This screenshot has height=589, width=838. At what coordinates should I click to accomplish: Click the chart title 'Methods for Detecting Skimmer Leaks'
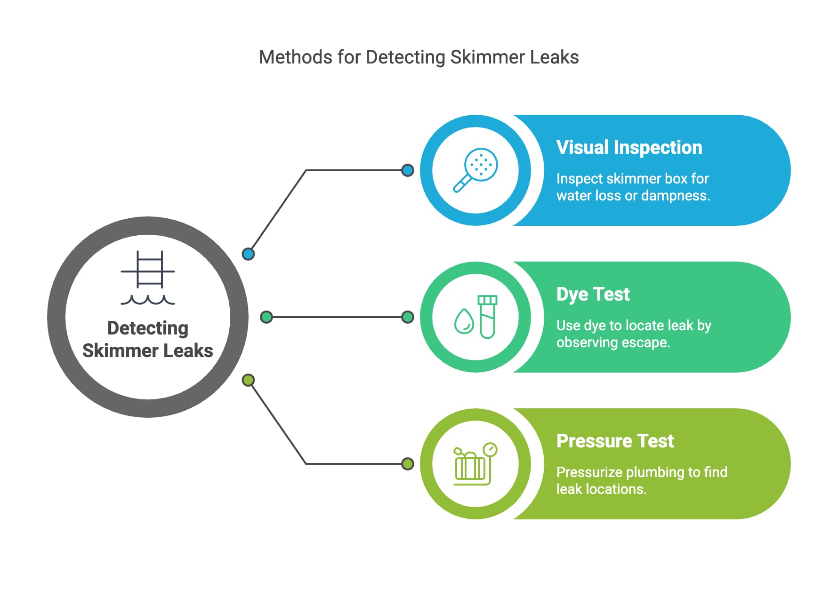(x=419, y=57)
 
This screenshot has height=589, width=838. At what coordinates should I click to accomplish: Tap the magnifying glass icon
(x=475, y=170)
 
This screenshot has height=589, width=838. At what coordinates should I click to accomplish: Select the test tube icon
(x=487, y=317)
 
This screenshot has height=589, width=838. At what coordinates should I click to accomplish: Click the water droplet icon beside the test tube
(x=464, y=321)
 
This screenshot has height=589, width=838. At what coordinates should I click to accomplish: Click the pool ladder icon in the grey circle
(x=148, y=277)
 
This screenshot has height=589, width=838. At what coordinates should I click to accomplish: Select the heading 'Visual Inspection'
(x=629, y=147)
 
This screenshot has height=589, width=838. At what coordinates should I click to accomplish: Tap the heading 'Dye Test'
(x=593, y=294)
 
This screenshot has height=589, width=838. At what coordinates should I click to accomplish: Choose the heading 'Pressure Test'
(x=615, y=441)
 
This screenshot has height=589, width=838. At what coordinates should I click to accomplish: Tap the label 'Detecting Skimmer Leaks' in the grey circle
(x=148, y=339)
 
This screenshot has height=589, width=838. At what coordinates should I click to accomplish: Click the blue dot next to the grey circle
(x=248, y=254)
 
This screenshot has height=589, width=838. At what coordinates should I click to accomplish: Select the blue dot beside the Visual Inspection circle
(x=408, y=170)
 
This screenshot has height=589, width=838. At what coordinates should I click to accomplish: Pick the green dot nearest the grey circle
(x=266, y=317)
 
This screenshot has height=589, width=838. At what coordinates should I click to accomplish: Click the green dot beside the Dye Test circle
(x=408, y=317)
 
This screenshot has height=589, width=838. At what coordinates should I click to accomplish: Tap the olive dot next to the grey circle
(x=248, y=380)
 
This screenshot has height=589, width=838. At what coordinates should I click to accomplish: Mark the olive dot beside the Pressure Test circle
(x=408, y=464)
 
